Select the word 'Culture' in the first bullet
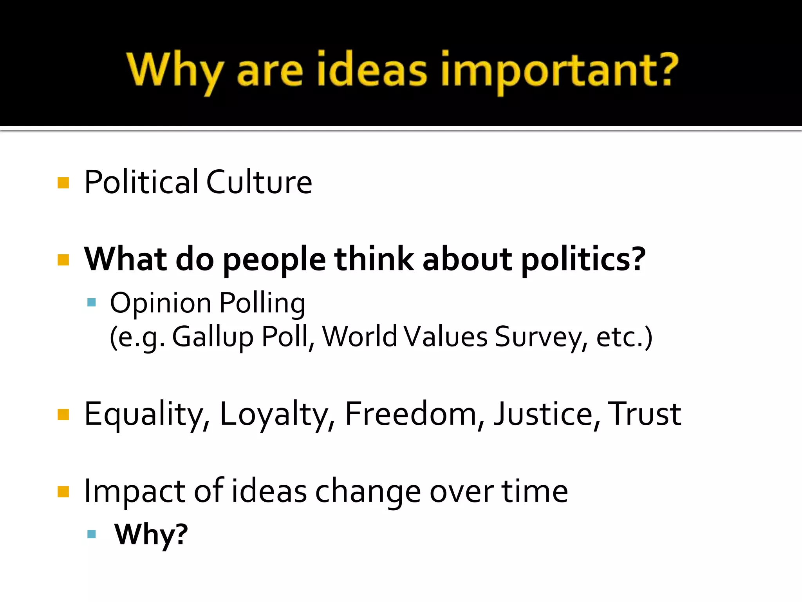pyautogui.click(x=259, y=182)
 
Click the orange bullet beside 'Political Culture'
pyautogui.click(x=63, y=183)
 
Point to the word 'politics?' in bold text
pyautogui.click(x=583, y=260)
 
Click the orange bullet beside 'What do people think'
pyautogui.click(x=63, y=260)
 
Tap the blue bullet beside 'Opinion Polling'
pyautogui.click(x=92, y=302)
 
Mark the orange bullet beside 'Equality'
pyautogui.click(x=63, y=415)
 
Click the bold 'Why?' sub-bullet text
pyautogui.click(x=151, y=535)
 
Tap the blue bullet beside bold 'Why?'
pyautogui.click(x=92, y=534)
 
